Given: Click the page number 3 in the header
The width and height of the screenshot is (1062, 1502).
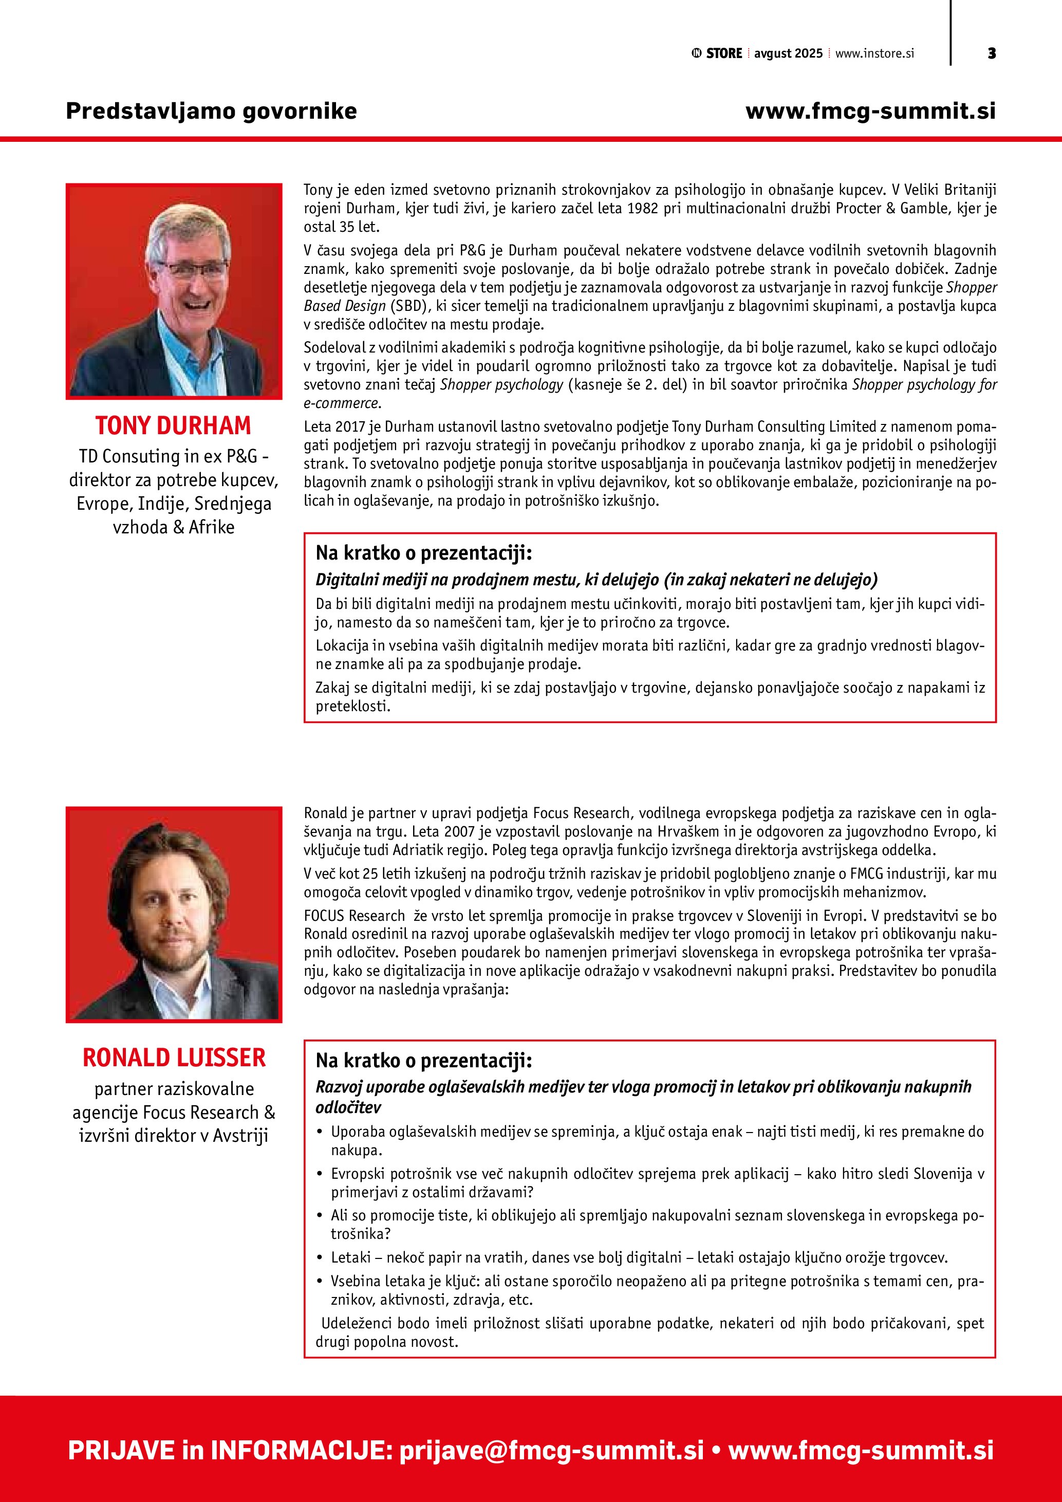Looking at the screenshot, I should [x=992, y=53].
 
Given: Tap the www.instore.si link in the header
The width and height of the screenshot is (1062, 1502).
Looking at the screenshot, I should [x=874, y=53].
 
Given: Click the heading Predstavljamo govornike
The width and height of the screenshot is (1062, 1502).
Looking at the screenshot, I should [x=211, y=111].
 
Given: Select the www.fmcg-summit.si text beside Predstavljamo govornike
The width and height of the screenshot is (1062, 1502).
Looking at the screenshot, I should [x=870, y=111].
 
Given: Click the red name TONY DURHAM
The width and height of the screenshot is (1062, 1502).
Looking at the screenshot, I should [x=173, y=426].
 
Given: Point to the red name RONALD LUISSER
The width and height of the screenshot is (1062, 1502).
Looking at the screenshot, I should [x=174, y=1058].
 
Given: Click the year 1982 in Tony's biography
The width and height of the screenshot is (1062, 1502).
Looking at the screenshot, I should [x=643, y=209].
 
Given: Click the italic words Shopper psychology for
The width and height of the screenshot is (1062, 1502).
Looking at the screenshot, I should [x=924, y=385].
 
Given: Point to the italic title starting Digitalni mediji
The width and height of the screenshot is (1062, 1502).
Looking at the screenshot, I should [x=596, y=580].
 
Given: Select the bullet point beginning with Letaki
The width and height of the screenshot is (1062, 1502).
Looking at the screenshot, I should [x=639, y=1257].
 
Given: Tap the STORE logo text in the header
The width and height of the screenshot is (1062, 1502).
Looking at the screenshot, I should [x=723, y=53].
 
